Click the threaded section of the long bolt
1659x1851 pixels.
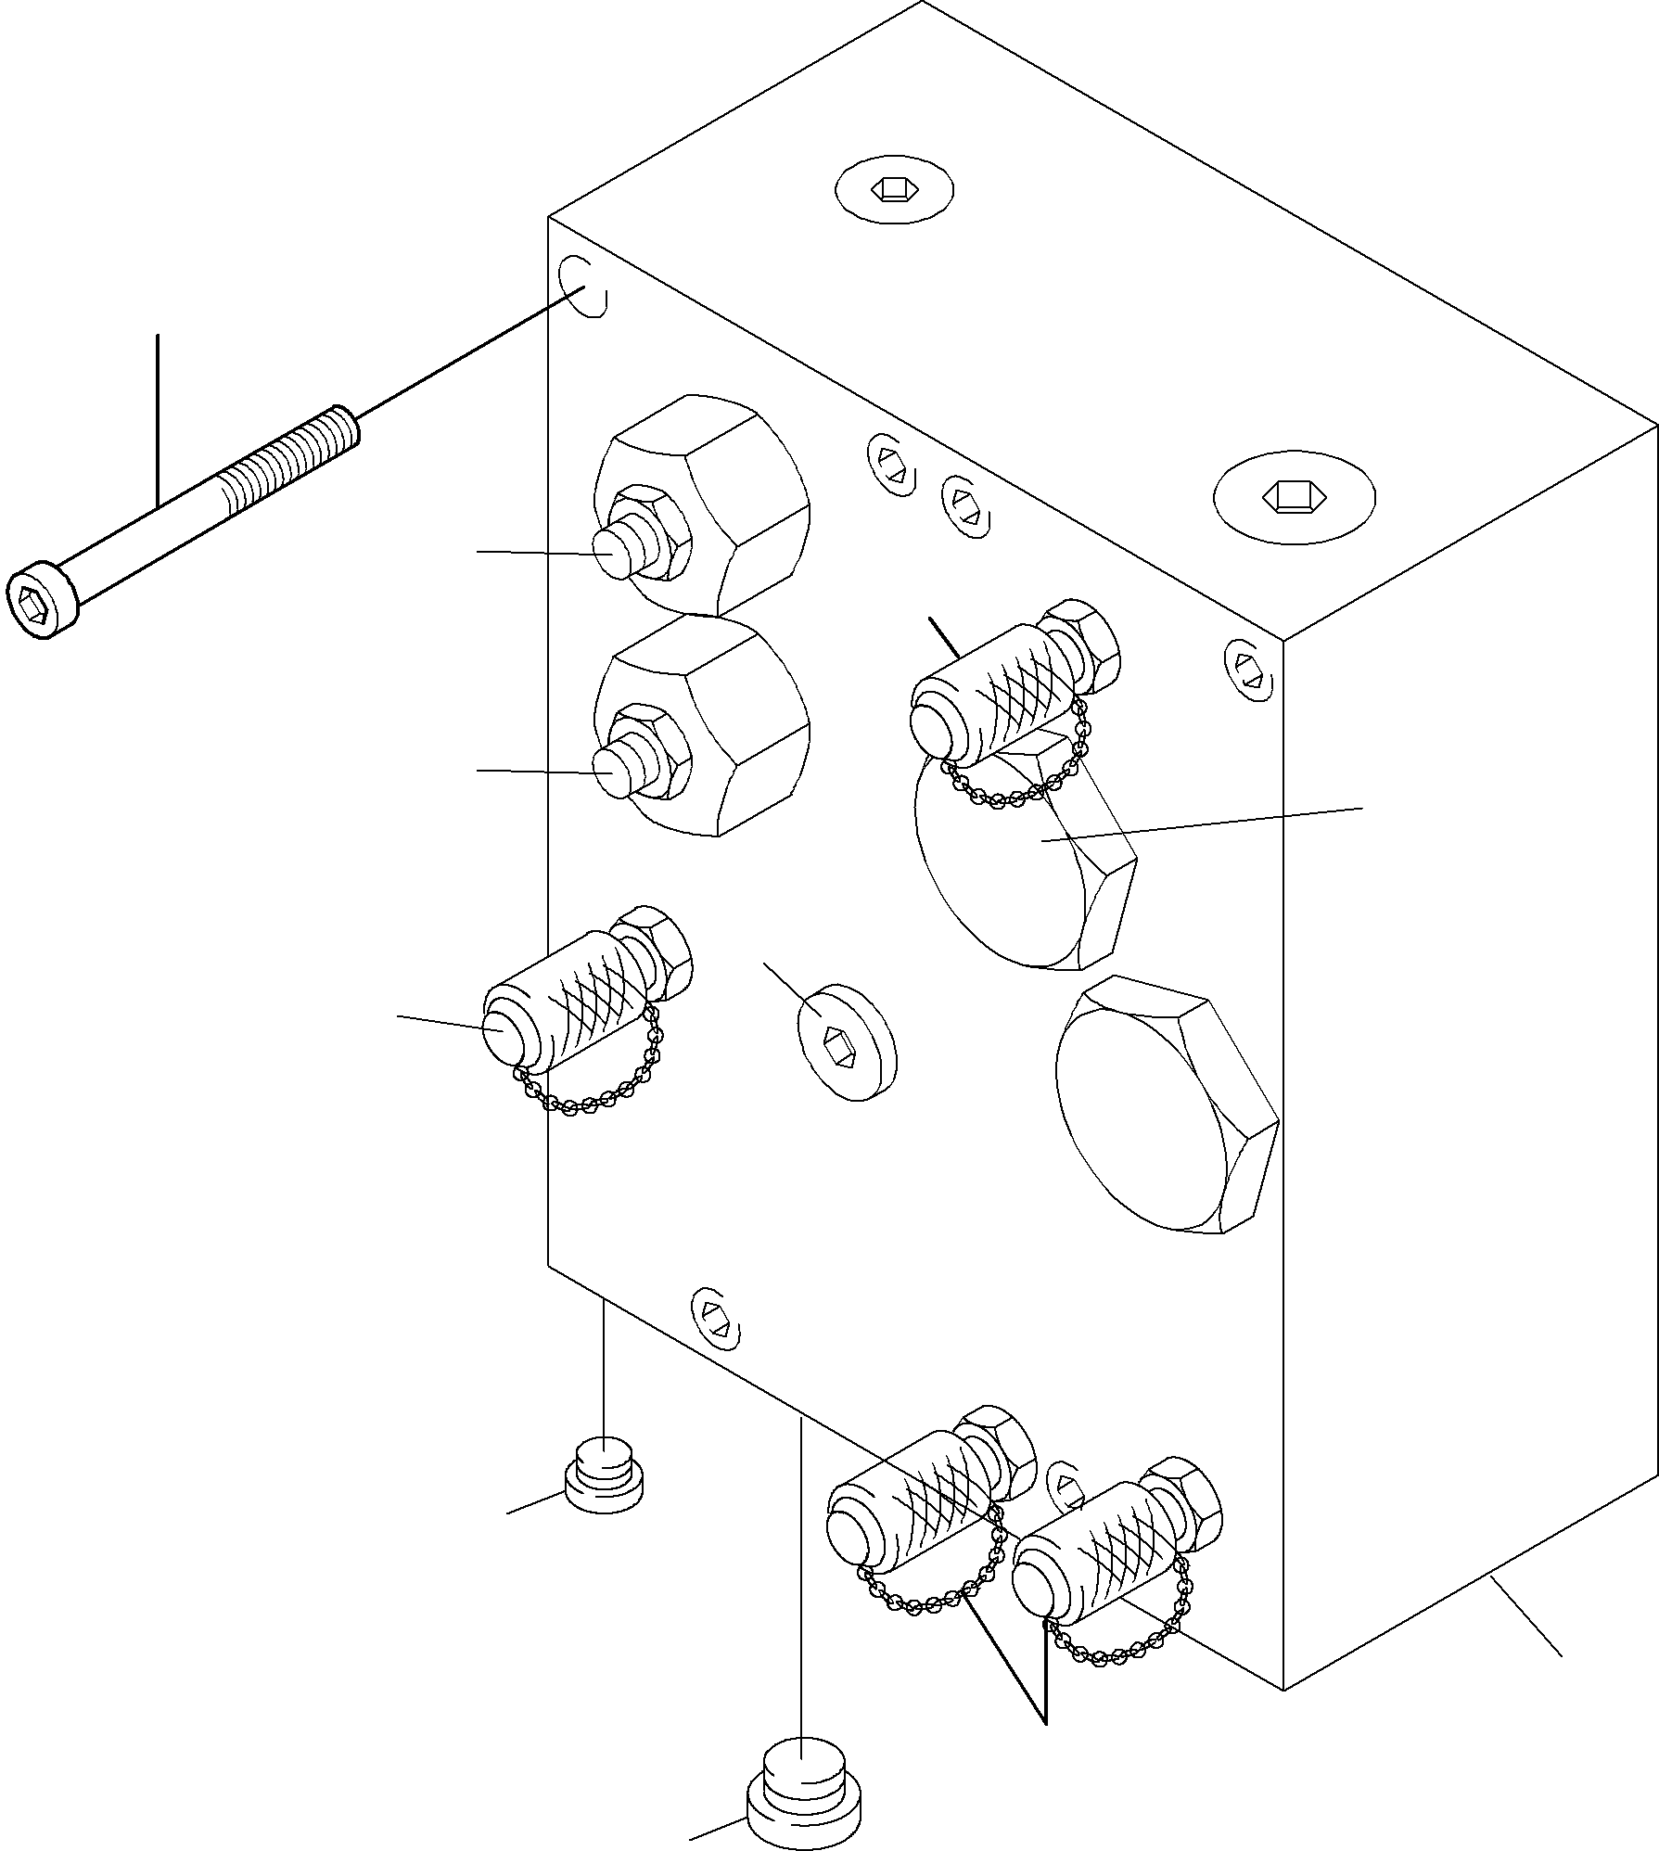287,457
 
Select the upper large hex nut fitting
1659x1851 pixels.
733,501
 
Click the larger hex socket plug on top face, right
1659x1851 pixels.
1294,496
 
